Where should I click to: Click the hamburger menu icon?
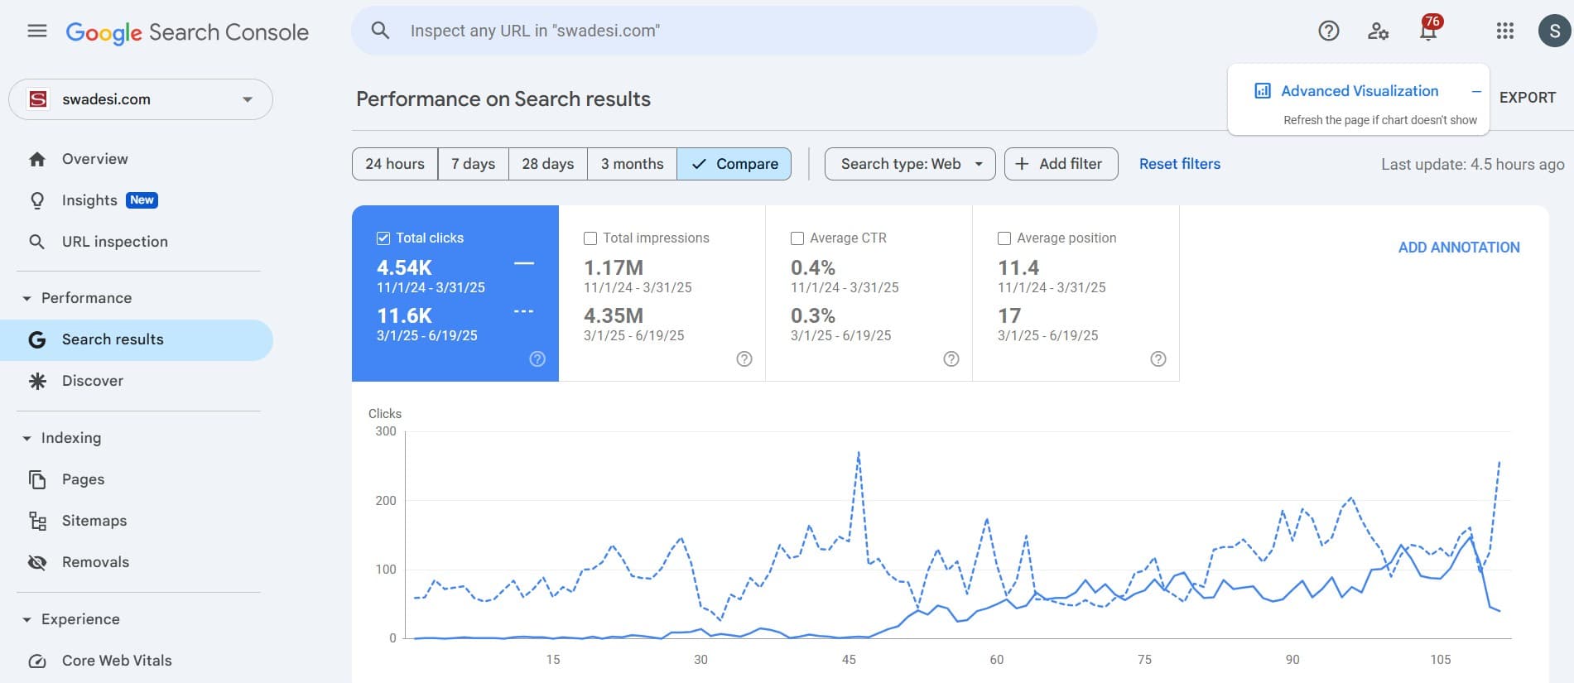(x=36, y=31)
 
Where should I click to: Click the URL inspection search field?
(x=724, y=31)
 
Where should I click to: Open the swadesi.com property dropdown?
(x=141, y=99)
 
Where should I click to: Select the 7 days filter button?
(x=473, y=164)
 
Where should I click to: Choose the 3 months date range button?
(x=632, y=164)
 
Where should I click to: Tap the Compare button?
(x=734, y=164)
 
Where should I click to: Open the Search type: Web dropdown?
(x=910, y=164)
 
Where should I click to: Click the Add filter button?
(x=1061, y=164)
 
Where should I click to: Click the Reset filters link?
(x=1179, y=164)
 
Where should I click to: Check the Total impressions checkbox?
(x=590, y=238)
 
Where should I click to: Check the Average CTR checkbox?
(x=797, y=238)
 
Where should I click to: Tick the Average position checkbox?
(x=1004, y=238)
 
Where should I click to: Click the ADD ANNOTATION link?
(x=1458, y=248)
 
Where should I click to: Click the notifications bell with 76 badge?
(x=1428, y=31)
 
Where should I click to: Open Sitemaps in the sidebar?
(x=94, y=521)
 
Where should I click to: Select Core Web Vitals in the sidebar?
(x=117, y=661)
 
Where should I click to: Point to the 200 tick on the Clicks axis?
(x=386, y=501)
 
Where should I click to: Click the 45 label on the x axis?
(x=849, y=660)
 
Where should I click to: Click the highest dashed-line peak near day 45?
(x=859, y=452)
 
